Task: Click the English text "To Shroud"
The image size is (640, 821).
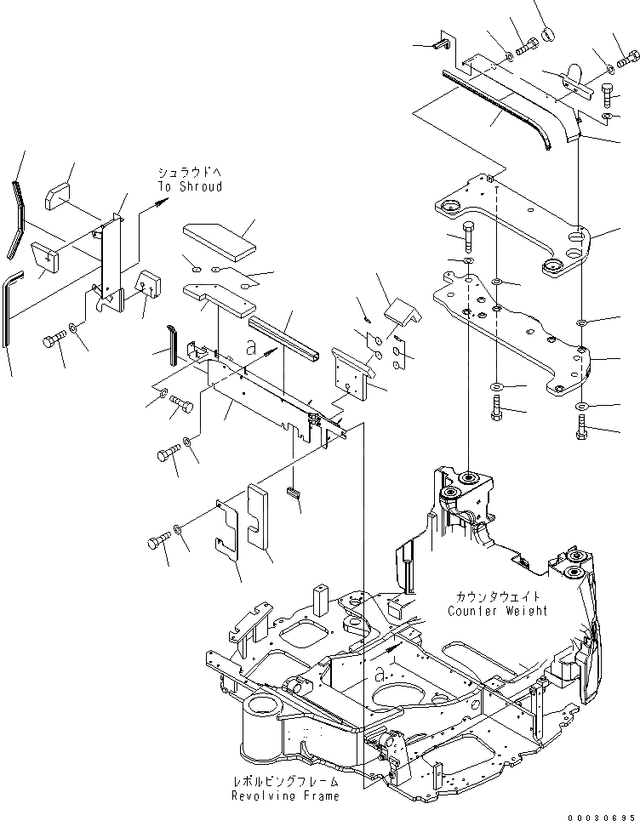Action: (x=189, y=186)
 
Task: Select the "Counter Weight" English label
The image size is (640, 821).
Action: (x=497, y=611)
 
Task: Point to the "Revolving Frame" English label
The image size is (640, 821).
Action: (x=285, y=795)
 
